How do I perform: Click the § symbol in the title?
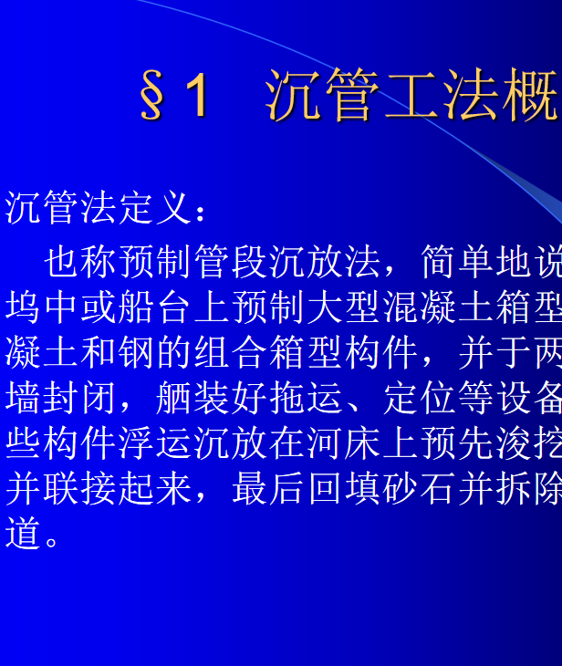pos(151,94)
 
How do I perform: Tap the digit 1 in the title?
pos(197,93)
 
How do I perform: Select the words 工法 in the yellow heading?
pos(441,93)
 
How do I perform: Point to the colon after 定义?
pos(201,212)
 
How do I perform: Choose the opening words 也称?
pos(80,262)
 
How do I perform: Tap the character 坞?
pos(23,307)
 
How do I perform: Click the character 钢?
pos(136,352)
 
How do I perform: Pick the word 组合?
pos(231,352)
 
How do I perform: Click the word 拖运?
pos(306,398)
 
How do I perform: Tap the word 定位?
pos(420,398)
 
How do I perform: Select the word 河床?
pos(344,443)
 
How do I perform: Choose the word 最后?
pos(268,488)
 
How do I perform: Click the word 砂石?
pos(420,488)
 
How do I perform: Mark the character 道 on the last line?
pos(23,534)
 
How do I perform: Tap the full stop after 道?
pos(52,542)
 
